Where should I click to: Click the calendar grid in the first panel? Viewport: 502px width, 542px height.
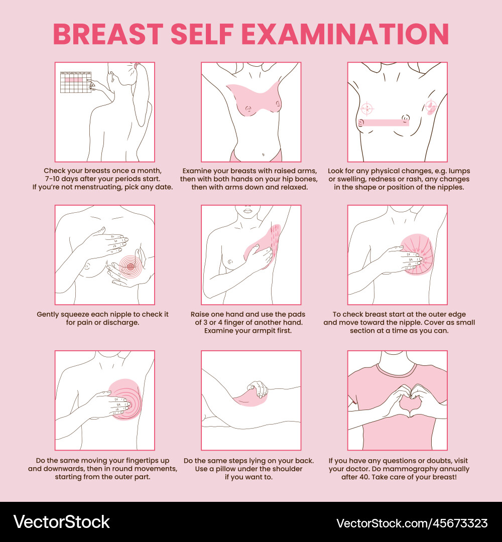[75, 82]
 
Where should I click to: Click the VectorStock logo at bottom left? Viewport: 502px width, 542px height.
[61, 522]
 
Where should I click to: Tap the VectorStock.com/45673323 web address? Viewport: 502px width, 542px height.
[412, 523]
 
